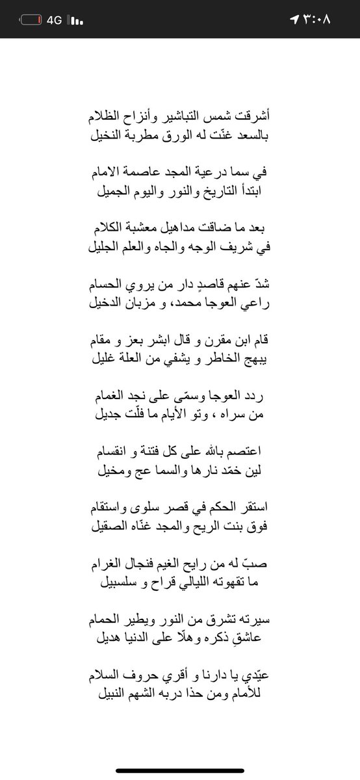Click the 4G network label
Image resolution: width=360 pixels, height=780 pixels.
54,20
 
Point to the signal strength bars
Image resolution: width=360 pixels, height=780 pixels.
77,20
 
